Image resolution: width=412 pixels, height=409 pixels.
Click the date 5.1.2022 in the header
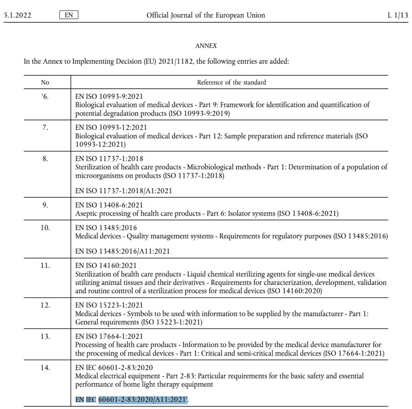click(x=17, y=15)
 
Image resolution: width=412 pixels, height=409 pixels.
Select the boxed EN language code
click(x=68, y=15)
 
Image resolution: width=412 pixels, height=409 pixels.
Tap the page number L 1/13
click(x=398, y=15)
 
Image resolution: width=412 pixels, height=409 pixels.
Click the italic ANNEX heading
click(x=206, y=46)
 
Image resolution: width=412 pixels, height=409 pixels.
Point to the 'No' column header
click(x=45, y=82)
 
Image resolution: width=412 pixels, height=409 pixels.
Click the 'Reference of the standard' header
click(x=231, y=82)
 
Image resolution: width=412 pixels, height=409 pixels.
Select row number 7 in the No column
click(x=45, y=127)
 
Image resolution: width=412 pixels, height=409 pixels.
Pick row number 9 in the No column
click(x=45, y=205)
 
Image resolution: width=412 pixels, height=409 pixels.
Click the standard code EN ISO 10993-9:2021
click(x=109, y=97)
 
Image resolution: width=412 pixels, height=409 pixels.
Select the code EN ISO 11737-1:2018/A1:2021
click(x=124, y=191)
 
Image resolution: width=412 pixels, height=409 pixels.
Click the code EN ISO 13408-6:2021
click(x=109, y=205)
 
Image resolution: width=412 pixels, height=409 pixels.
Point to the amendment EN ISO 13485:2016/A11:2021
click(x=122, y=251)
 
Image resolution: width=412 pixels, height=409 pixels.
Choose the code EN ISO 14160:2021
click(x=106, y=265)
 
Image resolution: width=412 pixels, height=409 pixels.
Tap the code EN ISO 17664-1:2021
click(x=109, y=336)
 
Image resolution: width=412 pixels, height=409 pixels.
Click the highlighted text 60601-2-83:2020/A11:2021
click(x=143, y=400)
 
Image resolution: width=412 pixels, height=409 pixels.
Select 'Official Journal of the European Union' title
click(x=206, y=15)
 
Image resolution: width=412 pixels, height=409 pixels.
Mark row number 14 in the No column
click(x=45, y=367)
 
